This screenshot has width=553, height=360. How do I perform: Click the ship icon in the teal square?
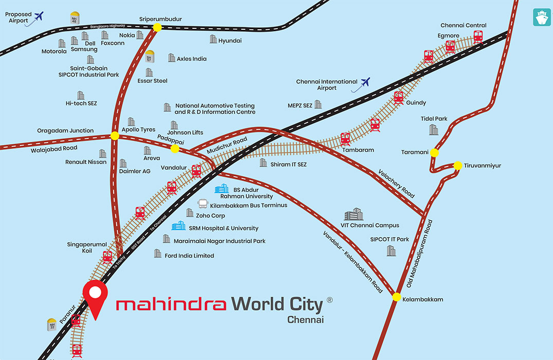[542, 17]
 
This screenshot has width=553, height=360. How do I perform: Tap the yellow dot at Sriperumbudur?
[157, 28]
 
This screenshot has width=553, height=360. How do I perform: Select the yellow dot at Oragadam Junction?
[115, 136]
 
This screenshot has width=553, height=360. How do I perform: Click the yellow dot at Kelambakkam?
[397, 297]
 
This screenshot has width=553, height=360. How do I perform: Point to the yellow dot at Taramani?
[435, 153]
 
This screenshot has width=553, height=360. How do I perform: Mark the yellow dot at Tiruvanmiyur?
[457, 166]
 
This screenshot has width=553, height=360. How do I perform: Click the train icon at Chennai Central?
[478, 37]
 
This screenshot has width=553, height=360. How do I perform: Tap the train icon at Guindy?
[398, 98]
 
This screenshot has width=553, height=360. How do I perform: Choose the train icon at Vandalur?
[196, 171]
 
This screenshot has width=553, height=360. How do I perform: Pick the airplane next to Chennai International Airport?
[366, 82]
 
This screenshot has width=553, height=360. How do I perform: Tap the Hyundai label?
[230, 41]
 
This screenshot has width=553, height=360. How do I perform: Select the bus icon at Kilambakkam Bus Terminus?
[203, 205]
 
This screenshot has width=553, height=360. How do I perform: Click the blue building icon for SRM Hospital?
[179, 226]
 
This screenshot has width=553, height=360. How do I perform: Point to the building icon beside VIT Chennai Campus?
[353, 214]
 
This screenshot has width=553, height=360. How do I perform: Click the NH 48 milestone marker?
[75, 17]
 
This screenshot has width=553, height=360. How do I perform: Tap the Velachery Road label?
[396, 184]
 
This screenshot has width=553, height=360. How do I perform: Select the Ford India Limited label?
[189, 256]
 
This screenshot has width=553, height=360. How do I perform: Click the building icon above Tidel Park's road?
[434, 130]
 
